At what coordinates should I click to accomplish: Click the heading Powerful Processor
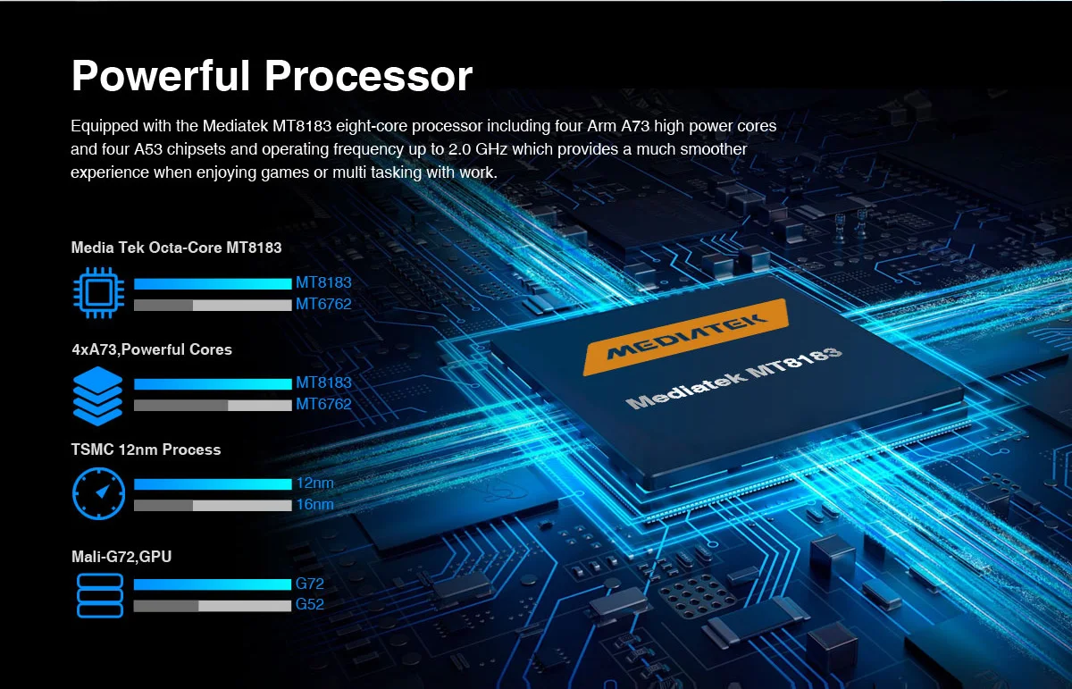point(272,76)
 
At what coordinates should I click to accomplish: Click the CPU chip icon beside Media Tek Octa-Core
point(97,293)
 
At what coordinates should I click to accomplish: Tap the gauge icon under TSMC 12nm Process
point(97,493)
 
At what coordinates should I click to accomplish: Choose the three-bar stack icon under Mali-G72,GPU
point(98,594)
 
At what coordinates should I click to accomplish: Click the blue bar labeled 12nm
point(213,483)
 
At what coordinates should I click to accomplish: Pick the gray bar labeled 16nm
point(213,505)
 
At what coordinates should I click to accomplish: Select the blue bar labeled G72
point(213,584)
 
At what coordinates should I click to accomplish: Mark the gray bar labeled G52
point(213,606)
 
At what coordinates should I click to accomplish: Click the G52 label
point(310,605)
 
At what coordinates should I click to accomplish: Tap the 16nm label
point(314,505)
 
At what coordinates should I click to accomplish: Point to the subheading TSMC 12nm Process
point(146,450)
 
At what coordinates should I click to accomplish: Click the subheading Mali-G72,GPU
point(121,557)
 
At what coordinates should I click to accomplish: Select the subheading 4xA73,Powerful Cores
point(152,349)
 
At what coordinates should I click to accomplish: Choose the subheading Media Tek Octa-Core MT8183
point(176,248)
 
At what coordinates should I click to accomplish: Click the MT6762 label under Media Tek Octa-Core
point(323,304)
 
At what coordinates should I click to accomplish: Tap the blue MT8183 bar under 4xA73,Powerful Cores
point(213,383)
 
